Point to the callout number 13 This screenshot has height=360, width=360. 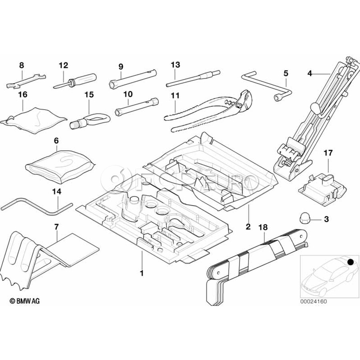175,64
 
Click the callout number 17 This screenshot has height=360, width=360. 328,152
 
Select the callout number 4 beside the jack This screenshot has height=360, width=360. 310,73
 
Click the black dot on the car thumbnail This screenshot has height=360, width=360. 350,262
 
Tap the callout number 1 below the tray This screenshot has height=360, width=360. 141,274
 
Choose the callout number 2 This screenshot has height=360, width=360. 248,227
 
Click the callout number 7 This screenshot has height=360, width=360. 56,227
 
